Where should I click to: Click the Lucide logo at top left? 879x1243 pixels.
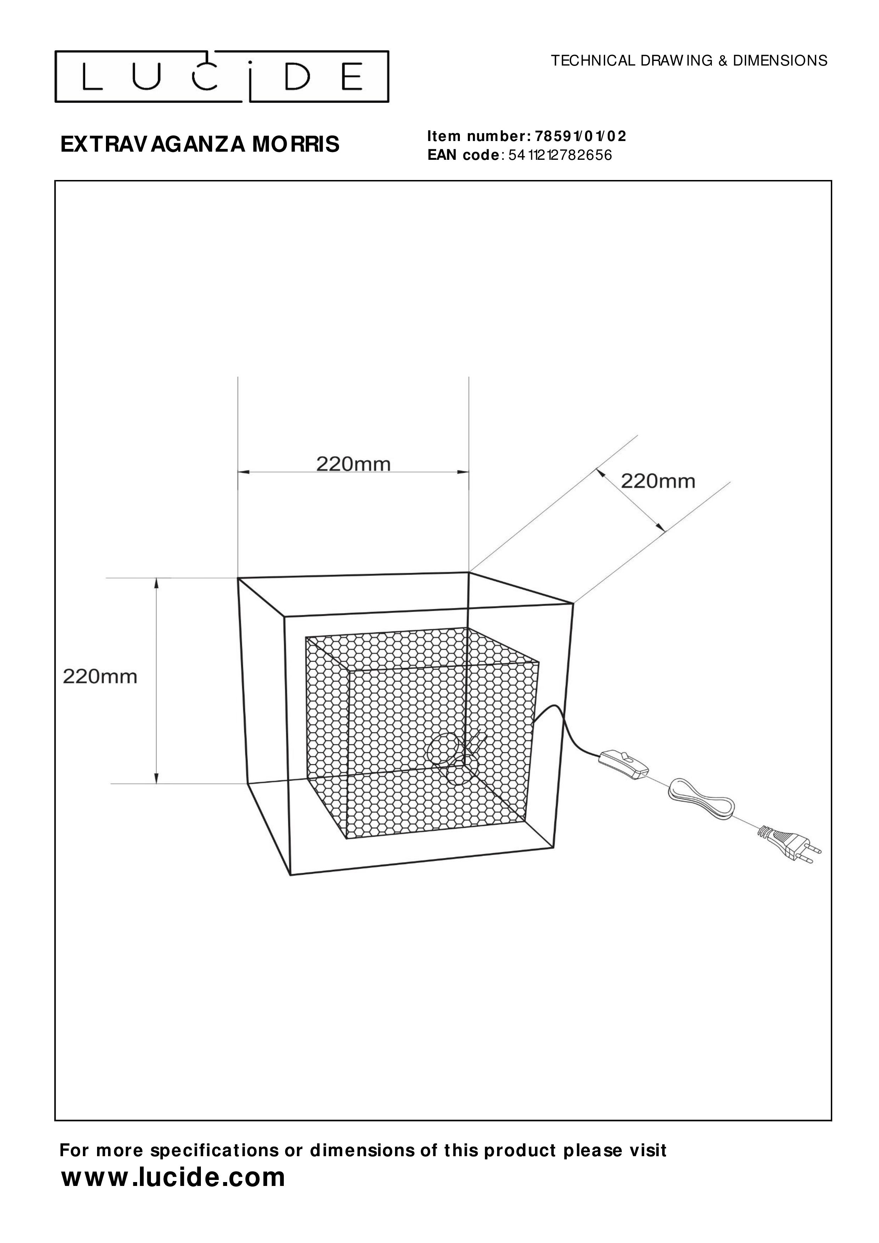click(222, 77)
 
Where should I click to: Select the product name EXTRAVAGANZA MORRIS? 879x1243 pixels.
click(200, 145)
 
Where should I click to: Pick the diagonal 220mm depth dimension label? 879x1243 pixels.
click(658, 481)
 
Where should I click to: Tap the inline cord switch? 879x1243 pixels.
click(623, 764)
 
